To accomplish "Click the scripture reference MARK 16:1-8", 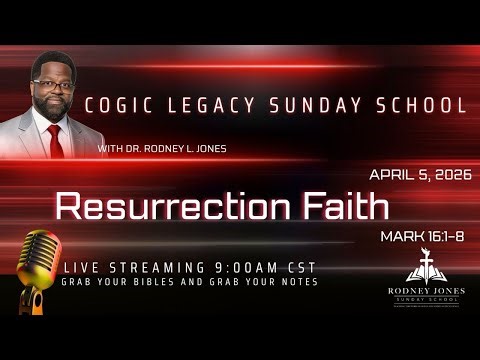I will click(x=421, y=237).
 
